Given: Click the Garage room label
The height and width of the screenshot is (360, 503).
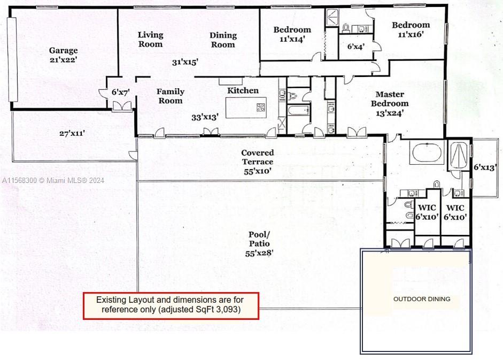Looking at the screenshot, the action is point(63,50).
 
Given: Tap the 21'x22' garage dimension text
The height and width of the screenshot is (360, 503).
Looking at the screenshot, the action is point(63,59).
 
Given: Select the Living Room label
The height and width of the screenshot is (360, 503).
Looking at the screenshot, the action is point(150,40).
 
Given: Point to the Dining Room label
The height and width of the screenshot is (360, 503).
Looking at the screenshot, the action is point(223,40).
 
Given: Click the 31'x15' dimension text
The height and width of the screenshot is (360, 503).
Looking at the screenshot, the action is point(185,62).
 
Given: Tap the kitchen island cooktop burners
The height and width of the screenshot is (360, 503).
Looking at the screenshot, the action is point(261,108).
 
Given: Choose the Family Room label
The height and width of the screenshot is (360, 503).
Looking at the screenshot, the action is point(171,96).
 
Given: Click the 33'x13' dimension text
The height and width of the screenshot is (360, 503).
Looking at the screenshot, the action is point(205,117).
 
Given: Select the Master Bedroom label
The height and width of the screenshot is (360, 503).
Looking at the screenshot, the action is point(390,99).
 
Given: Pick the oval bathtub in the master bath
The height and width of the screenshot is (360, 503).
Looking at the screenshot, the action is point(427,153).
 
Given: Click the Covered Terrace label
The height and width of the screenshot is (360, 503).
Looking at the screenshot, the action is point(258,157).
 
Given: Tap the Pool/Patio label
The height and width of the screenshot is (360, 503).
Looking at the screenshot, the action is point(259,239).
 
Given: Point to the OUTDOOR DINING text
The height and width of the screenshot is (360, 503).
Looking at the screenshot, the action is point(422,299).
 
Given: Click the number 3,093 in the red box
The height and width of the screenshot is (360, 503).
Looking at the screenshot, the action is point(229,309).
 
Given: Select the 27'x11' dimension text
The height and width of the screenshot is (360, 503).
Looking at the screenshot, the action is point(72,133).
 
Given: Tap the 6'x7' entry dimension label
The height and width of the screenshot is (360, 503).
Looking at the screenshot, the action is point(121,92).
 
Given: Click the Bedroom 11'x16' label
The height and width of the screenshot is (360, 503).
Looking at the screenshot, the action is point(411,29).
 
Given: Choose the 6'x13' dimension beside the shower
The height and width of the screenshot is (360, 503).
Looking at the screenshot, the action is point(485,167).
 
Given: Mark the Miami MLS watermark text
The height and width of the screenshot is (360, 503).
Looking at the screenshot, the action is point(53,180).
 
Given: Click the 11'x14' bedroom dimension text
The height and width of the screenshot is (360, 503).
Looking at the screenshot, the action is point(292,39).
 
